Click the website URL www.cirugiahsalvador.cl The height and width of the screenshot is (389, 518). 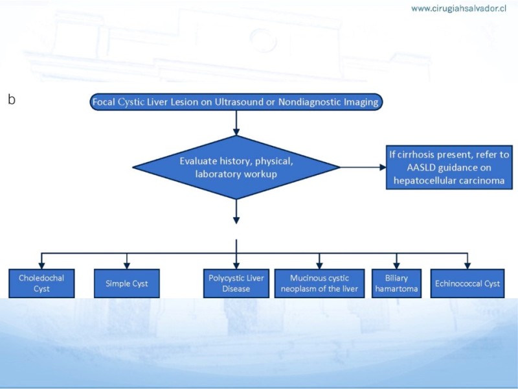(458, 9)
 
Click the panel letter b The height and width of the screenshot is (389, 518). (11, 100)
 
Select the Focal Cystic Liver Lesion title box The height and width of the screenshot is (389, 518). (236, 102)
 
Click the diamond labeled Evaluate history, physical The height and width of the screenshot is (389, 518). (236, 167)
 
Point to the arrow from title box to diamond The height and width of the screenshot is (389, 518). (236, 123)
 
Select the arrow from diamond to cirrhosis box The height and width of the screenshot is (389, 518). (363, 167)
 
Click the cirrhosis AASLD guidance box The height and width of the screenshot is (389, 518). (448, 167)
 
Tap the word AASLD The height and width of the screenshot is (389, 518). (418, 167)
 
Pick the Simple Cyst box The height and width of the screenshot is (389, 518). (126, 283)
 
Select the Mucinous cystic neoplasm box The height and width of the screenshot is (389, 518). (319, 283)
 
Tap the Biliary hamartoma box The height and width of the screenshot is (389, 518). (395, 283)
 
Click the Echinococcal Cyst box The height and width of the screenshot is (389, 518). (466, 283)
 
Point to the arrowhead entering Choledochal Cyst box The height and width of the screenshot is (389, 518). (41, 264)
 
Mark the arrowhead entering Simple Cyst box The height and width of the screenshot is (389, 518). (126, 264)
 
